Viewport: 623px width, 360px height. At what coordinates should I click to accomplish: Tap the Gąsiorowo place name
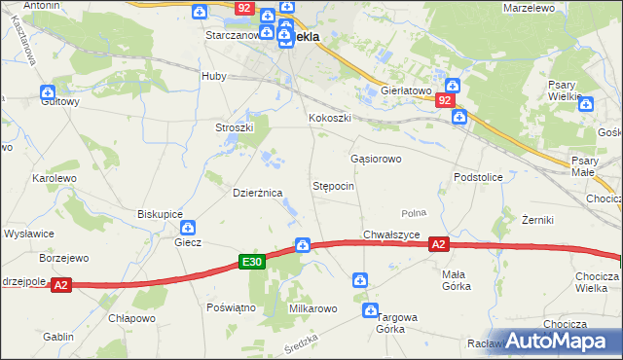376,158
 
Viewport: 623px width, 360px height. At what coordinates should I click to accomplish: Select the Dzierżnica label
257,193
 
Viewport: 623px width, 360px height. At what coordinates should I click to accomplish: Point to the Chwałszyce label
391,234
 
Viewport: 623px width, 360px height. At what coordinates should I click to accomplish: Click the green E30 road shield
252,262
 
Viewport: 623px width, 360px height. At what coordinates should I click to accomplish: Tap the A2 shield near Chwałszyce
439,245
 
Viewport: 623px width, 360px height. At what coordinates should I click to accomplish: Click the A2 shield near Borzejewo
60,285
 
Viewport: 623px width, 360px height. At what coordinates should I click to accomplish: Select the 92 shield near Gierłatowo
445,100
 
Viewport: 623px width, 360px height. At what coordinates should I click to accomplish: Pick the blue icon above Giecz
190,227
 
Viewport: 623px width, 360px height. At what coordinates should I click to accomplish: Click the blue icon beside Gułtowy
49,92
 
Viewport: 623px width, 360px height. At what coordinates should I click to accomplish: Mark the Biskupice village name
161,213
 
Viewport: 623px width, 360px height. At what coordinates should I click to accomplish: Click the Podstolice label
477,177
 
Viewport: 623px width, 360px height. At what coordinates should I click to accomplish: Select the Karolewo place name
54,179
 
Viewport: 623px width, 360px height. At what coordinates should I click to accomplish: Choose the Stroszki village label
234,127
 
